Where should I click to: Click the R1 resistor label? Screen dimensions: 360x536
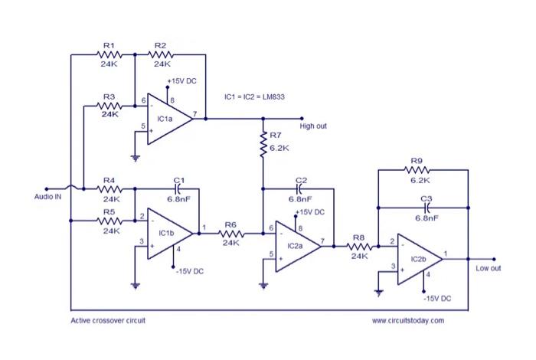[108, 46]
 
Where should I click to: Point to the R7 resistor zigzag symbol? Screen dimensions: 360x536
[263, 146]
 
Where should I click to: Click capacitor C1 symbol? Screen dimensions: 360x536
[178, 188]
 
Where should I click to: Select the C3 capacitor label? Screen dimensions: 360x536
[427, 198]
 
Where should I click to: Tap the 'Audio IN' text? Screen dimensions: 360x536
[47, 197]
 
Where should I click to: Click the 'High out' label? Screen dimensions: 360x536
[313, 126]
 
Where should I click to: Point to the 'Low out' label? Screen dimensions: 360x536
[488, 269]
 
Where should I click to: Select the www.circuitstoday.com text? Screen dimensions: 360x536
[407, 321]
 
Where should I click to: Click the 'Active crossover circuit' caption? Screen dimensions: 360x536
[108, 321]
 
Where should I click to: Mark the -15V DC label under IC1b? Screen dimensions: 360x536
[189, 270]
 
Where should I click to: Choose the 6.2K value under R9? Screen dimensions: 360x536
[420, 181]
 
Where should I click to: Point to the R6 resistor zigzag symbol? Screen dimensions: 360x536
[230, 233]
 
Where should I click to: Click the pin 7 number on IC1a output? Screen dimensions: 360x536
[194, 113]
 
